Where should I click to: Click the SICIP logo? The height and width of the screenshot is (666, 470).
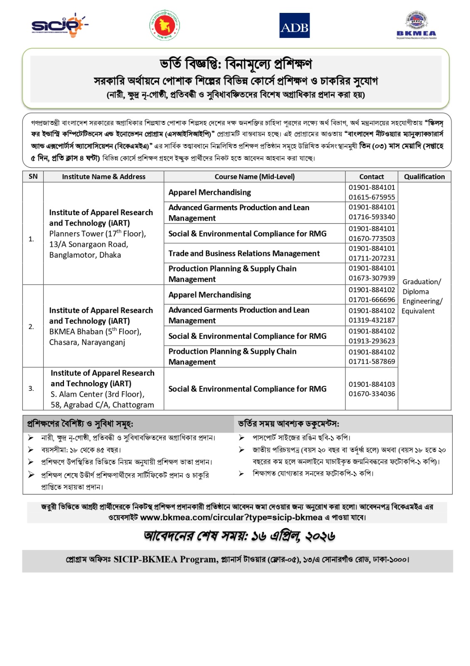point(59,26)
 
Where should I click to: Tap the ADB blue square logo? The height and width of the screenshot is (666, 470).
point(294,26)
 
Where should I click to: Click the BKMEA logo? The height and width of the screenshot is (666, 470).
point(416,26)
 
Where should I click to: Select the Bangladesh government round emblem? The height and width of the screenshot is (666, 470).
point(165,26)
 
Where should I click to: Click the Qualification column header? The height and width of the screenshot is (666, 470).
point(424,176)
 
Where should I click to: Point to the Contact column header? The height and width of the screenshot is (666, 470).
point(372,176)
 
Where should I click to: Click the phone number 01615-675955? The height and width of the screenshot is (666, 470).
point(372,197)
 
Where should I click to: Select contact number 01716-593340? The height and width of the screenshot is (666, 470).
point(372,217)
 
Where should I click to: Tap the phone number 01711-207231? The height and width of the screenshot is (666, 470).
point(372,258)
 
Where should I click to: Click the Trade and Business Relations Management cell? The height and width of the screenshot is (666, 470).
point(244,253)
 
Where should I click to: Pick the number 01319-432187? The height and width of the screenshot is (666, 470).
point(372,320)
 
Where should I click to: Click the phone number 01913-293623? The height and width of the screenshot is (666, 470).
point(372,341)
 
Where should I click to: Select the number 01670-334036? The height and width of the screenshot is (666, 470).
point(372,394)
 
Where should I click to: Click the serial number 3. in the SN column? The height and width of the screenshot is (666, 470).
point(31,388)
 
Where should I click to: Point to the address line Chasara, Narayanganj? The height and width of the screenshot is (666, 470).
point(87,342)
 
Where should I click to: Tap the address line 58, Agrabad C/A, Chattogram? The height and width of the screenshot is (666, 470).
point(102,405)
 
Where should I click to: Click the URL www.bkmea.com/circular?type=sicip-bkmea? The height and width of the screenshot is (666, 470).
point(231,517)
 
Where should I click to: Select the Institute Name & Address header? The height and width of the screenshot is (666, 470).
point(103,176)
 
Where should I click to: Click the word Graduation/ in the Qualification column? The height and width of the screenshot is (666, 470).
point(421,282)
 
